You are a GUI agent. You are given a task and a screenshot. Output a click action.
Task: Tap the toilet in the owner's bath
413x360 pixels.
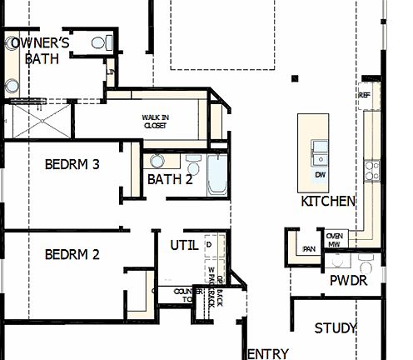(98, 42)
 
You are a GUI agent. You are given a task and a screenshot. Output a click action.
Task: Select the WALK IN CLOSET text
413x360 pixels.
(155, 122)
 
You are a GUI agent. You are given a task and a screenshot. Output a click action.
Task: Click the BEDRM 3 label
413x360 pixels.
(72, 165)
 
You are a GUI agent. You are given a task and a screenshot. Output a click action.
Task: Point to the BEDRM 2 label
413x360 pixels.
(72, 254)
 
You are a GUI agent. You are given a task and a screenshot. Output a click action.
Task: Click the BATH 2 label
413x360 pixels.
(170, 179)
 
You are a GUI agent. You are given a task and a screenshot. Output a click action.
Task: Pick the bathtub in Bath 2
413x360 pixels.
(216, 175)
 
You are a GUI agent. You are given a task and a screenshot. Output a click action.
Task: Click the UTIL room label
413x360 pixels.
(184, 246)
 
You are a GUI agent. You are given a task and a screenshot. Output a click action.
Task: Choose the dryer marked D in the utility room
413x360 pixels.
(209, 244)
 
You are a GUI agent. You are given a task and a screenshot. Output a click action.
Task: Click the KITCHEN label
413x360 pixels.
(328, 202)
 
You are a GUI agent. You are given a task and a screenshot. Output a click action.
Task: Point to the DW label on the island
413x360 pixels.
(320, 176)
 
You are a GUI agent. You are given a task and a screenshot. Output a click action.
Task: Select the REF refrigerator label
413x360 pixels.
(364, 95)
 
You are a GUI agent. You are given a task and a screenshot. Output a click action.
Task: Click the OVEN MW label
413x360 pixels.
(336, 239)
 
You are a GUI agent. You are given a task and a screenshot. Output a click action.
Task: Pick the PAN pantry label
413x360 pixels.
(309, 248)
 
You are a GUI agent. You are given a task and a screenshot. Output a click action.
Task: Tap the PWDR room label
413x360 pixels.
(348, 281)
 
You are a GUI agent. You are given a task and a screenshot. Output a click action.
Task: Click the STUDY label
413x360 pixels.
(336, 328)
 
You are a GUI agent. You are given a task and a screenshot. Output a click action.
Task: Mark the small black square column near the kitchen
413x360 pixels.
(295, 79)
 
